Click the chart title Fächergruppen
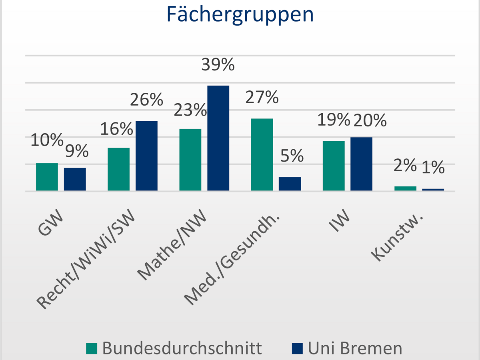click(240, 14)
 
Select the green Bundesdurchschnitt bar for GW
click(47, 177)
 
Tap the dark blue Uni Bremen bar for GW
click(75, 179)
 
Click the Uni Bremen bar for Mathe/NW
click(218, 138)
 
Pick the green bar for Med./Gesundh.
click(262, 154)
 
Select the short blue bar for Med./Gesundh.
click(290, 184)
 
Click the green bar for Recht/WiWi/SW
click(119, 169)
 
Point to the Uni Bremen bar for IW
click(362, 164)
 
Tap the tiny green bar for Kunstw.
click(405, 188)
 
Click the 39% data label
click(218, 65)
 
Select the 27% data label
click(262, 97)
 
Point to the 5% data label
click(292, 156)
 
